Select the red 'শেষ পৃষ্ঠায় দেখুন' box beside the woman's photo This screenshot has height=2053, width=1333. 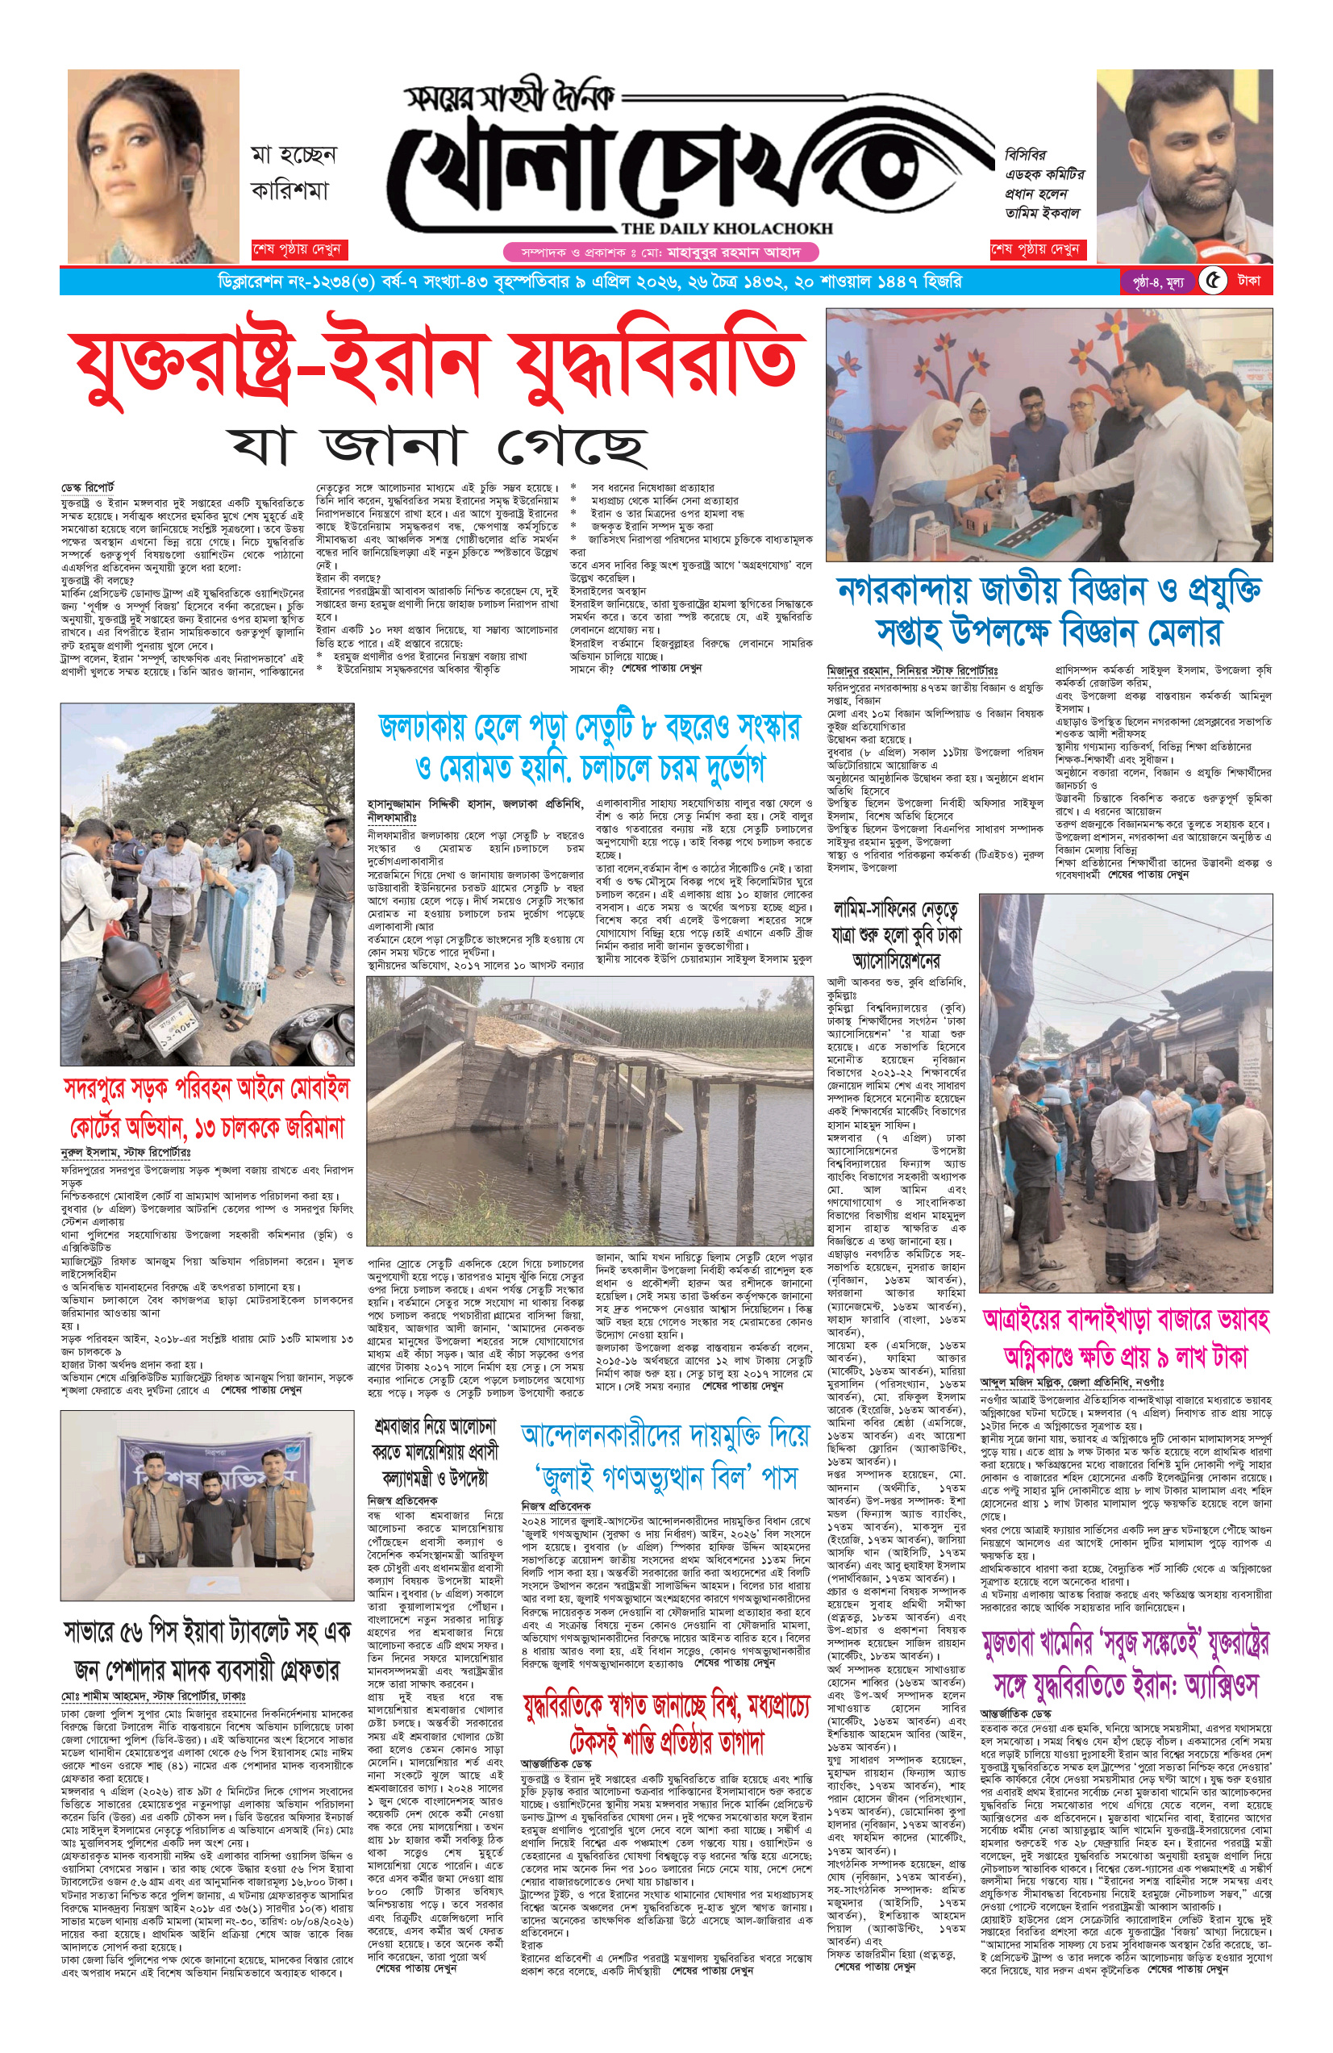click(297, 250)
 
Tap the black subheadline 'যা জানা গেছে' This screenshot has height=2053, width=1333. click(438, 444)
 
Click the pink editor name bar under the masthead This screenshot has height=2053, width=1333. click(660, 252)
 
